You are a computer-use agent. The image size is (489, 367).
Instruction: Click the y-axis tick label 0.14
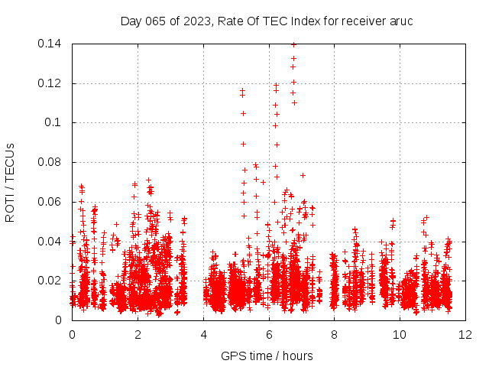pyautogui.click(x=50, y=44)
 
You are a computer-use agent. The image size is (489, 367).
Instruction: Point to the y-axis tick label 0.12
pyautogui.click(x=50, y=83)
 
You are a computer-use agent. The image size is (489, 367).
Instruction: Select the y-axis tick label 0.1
pyautogui.click(x=53, y=122)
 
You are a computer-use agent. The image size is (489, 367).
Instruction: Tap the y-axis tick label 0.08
pyautogui.click(x=50, y=162)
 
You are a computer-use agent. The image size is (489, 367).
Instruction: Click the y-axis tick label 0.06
pyautogui.click(x=50, y=202)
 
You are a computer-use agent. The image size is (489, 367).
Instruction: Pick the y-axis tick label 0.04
pyautogui.click(x=50, y=242)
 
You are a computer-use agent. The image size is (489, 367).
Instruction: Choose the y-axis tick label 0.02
pyautogui.click(x=50, y=281)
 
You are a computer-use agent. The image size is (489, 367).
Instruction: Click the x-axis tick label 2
pyautogui.click(x=138, y=334)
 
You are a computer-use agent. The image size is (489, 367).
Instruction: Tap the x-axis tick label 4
pyautogui.click(x=203, y=334)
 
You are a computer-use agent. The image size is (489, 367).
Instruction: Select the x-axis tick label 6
pyautogui.click(x=269, y=334)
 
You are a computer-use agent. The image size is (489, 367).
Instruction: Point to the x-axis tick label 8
pyautogui.click(x=334, y=334)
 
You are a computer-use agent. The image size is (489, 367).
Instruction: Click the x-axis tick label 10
pyautogui.click(x=400, y=334)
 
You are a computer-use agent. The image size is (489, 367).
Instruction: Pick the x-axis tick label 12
pyautogui.click(x=465, y=334)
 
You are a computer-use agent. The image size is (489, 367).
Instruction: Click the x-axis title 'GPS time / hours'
pyautogui.click(x=267, y=356)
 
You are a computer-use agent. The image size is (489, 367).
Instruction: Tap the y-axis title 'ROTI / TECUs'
pyautogui.click(x=11, y=182)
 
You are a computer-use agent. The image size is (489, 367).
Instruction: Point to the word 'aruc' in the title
pyautogui.click(x=401, y=21)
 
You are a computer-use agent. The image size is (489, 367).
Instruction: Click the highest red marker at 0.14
pyautogui.click(x=293, y=44)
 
